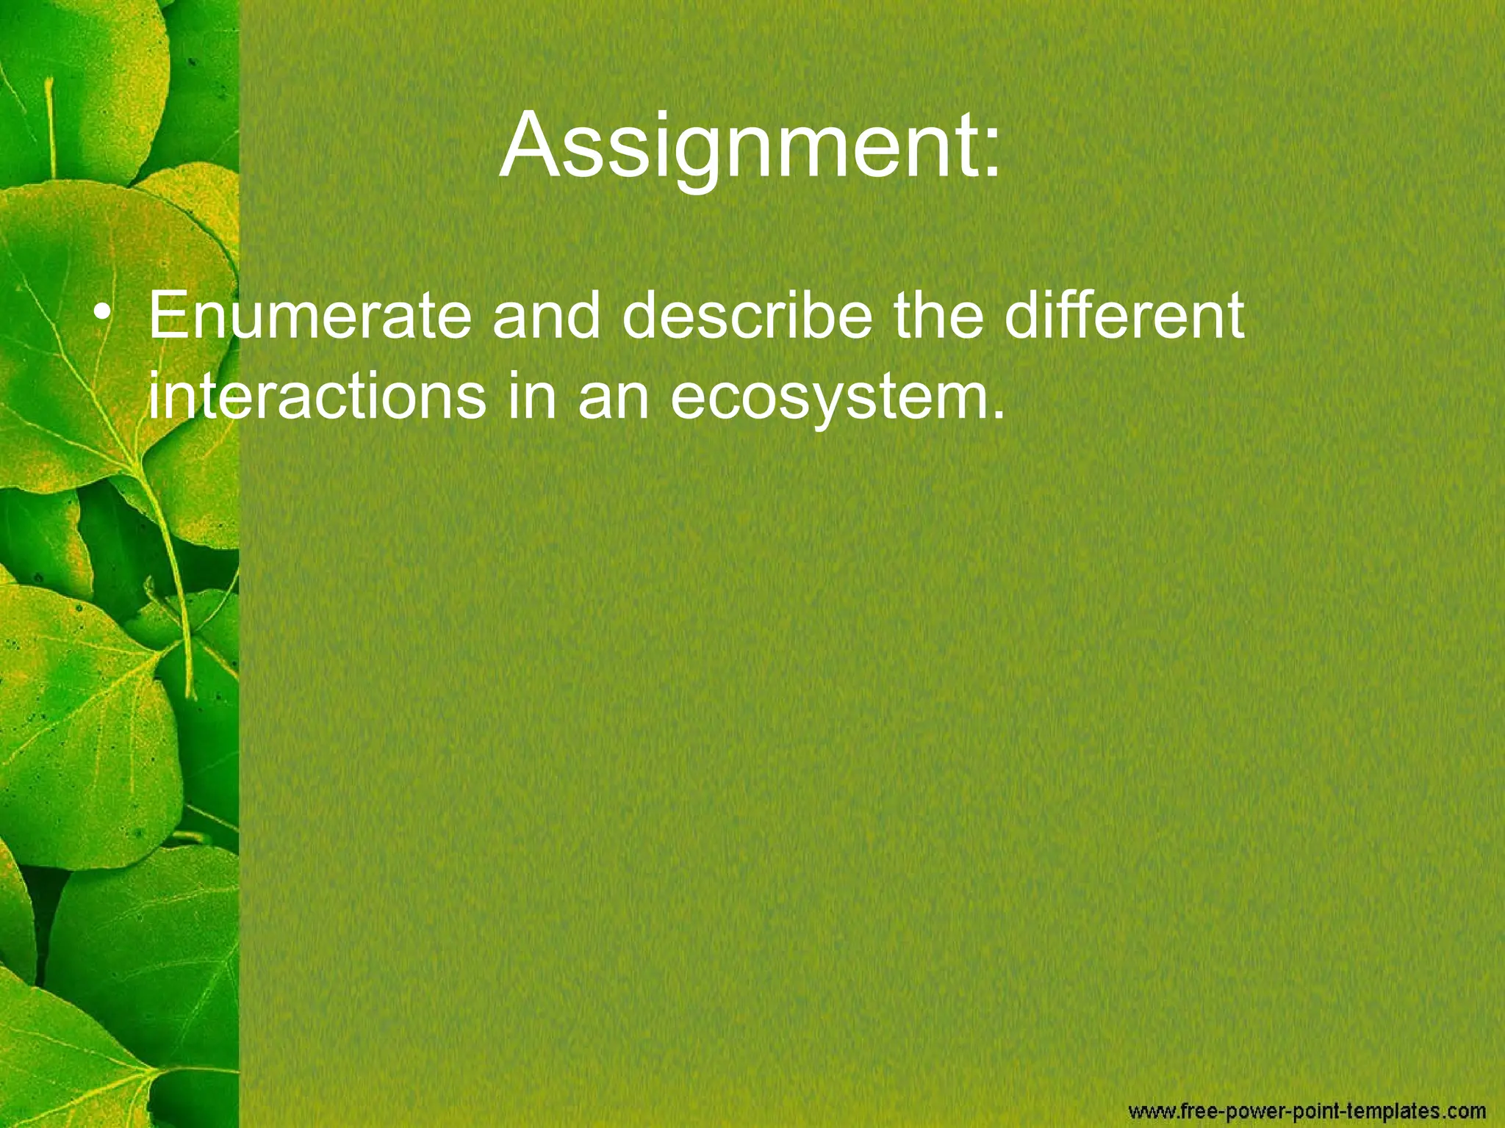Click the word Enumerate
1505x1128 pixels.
pyautogui.click(x=309, y=316)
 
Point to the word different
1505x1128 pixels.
pyautogui.click(x=1124, y=316)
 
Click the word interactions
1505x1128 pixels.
pyautogui.click(x=317, y=397)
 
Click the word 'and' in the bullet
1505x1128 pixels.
pyautogui.click(x=546, y=316)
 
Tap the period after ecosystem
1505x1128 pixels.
pyautogui.click(x=997, y=415)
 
